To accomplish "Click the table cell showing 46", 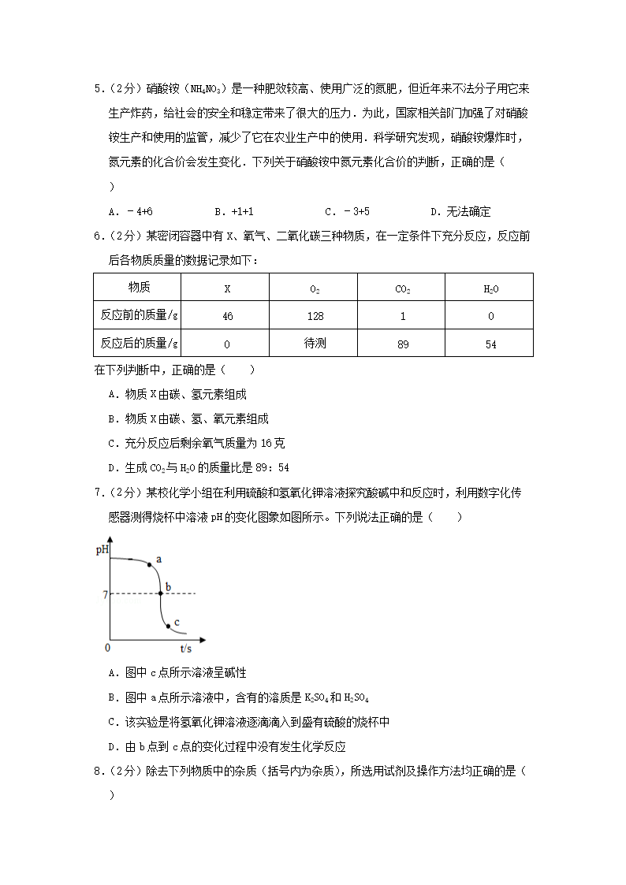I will coord(227,315).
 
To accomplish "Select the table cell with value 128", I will coord(314,315).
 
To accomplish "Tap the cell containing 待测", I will coord(315,344).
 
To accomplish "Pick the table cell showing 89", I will coord(402,344).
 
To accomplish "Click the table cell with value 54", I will coord(490,344).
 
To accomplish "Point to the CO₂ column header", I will coord(402,288).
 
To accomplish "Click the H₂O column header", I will coord(490,288).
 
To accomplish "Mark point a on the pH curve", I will coord(149,565).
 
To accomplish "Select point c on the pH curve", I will coord(169,627).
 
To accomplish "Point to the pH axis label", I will coord(102,549).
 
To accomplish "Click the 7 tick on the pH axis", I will coord(104,593).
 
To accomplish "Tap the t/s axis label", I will coord(186,648).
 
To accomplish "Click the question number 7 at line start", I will coord(97,493).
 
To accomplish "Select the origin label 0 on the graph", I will coord(108,647).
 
